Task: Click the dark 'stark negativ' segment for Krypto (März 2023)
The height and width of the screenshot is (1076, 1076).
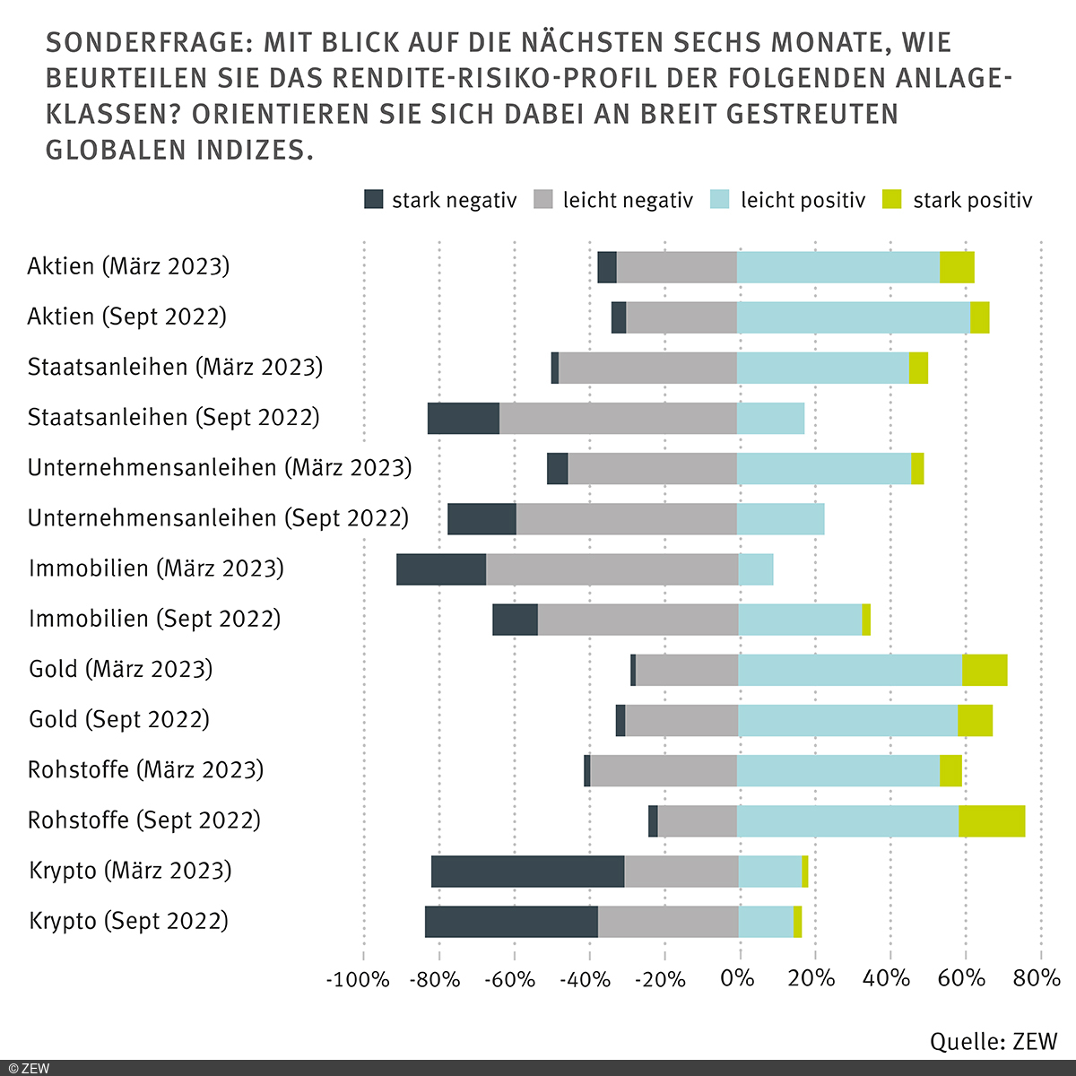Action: click(527, 871)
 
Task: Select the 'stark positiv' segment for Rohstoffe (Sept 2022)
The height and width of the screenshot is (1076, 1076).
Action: click(992, 820)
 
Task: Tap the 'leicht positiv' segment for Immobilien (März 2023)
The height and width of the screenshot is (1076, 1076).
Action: click(756, 569)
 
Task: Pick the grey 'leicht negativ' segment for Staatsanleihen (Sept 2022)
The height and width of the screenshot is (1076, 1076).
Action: click(618, 419)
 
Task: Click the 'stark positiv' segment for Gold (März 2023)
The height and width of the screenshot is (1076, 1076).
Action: click(985, 670)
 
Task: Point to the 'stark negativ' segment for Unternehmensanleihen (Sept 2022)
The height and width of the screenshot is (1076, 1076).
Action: click(482, 519)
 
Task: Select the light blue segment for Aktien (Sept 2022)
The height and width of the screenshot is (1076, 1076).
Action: click(854, 317)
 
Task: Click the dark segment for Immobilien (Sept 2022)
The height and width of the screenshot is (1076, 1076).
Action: click(515, 620)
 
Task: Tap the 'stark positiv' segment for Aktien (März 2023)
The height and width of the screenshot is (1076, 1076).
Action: click(957, 267)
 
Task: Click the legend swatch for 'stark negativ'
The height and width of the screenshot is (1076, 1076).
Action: click(373, 200)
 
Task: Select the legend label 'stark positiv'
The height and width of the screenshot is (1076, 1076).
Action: click(972, 200)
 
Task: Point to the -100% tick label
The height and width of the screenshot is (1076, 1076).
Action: click(358, 978)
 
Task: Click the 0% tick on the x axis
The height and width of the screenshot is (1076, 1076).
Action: click(737, 978)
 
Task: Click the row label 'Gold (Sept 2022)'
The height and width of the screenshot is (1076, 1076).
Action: click(119, 719)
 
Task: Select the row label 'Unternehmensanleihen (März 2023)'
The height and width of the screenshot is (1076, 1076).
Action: click(220, 468)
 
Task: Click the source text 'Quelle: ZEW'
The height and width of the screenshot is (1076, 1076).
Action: click(994, 1041)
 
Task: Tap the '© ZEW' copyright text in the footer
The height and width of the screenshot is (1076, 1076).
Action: click(29, 1068)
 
